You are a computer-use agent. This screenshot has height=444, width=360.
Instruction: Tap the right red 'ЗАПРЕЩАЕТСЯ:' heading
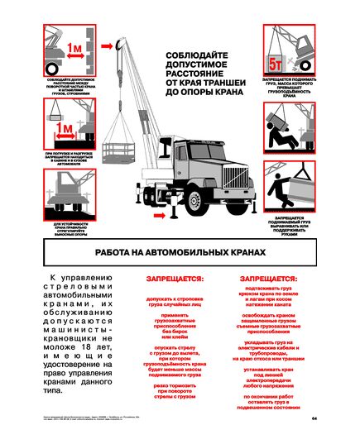(267, 279)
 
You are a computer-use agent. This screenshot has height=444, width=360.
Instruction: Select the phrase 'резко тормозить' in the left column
(175, 383)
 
